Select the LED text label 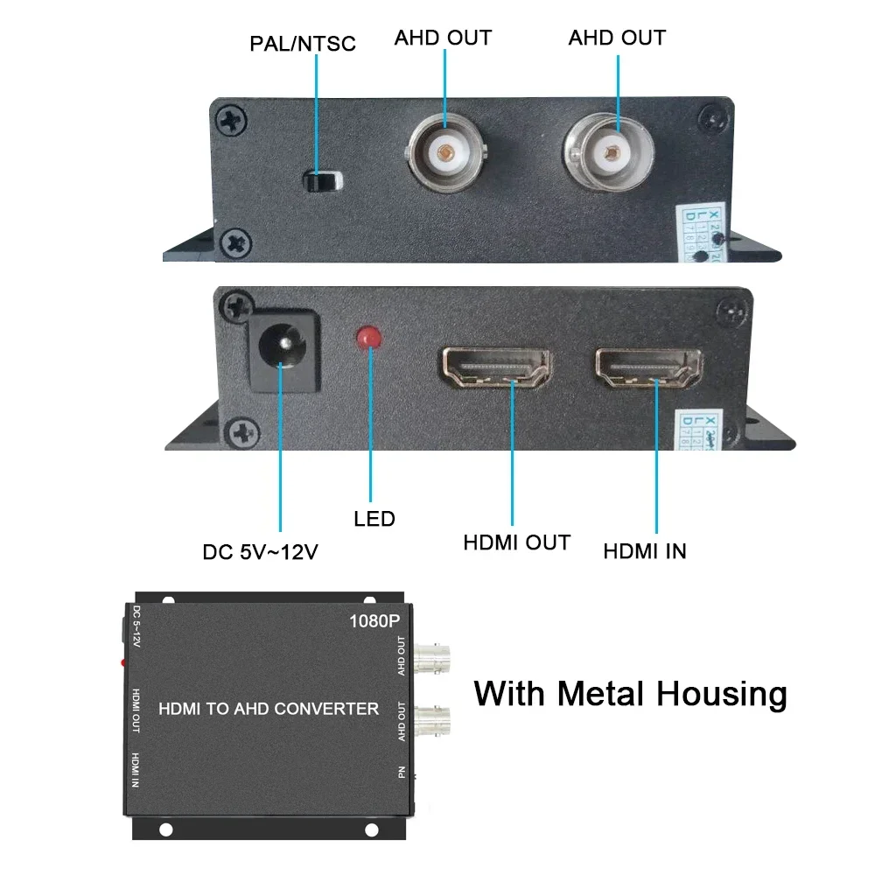pyautogui.click(x=374, y=519)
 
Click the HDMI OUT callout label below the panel pyautogui.click(x=516, y=542)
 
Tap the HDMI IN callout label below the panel pyautogui.click(x=645, y=551)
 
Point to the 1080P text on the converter pyautogui.click(x=374, y=622)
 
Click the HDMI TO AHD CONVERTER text pyautogui.click(x=269, y=708)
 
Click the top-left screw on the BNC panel pyautogui.click(x=232, y=122)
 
